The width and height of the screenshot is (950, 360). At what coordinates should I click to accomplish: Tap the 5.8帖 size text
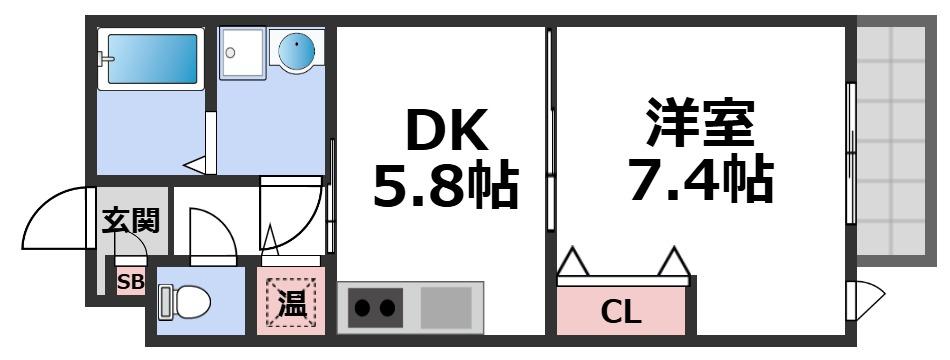point(446,185)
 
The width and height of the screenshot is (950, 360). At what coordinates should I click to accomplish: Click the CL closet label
point(621,313)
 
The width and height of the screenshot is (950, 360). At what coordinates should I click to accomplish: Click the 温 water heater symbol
point(291,303)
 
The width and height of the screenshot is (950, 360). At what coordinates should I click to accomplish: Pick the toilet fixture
point(184,300)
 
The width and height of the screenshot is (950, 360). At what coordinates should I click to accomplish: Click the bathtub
point(150,59)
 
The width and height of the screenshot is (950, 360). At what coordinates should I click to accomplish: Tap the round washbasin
point(297,52)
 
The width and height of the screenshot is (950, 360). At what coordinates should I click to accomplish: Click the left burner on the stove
point(362,308)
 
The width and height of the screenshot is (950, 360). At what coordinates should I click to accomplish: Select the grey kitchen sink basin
point(445,307)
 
